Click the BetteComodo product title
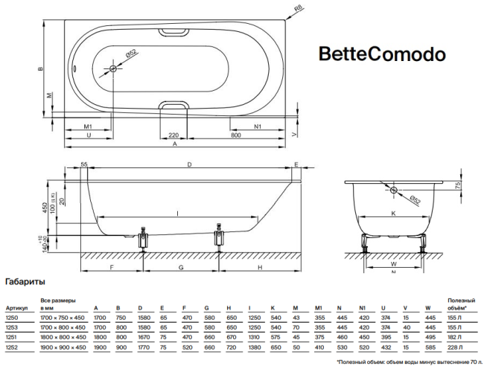(382, 54)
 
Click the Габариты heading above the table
(25, 283)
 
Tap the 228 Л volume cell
(455, 346)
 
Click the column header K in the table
(273, 307)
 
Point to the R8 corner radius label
(298, 10)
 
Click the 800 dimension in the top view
(236, 135)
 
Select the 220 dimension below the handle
(173, 135)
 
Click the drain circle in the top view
(113, 69)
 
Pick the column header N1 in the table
(364, 307)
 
